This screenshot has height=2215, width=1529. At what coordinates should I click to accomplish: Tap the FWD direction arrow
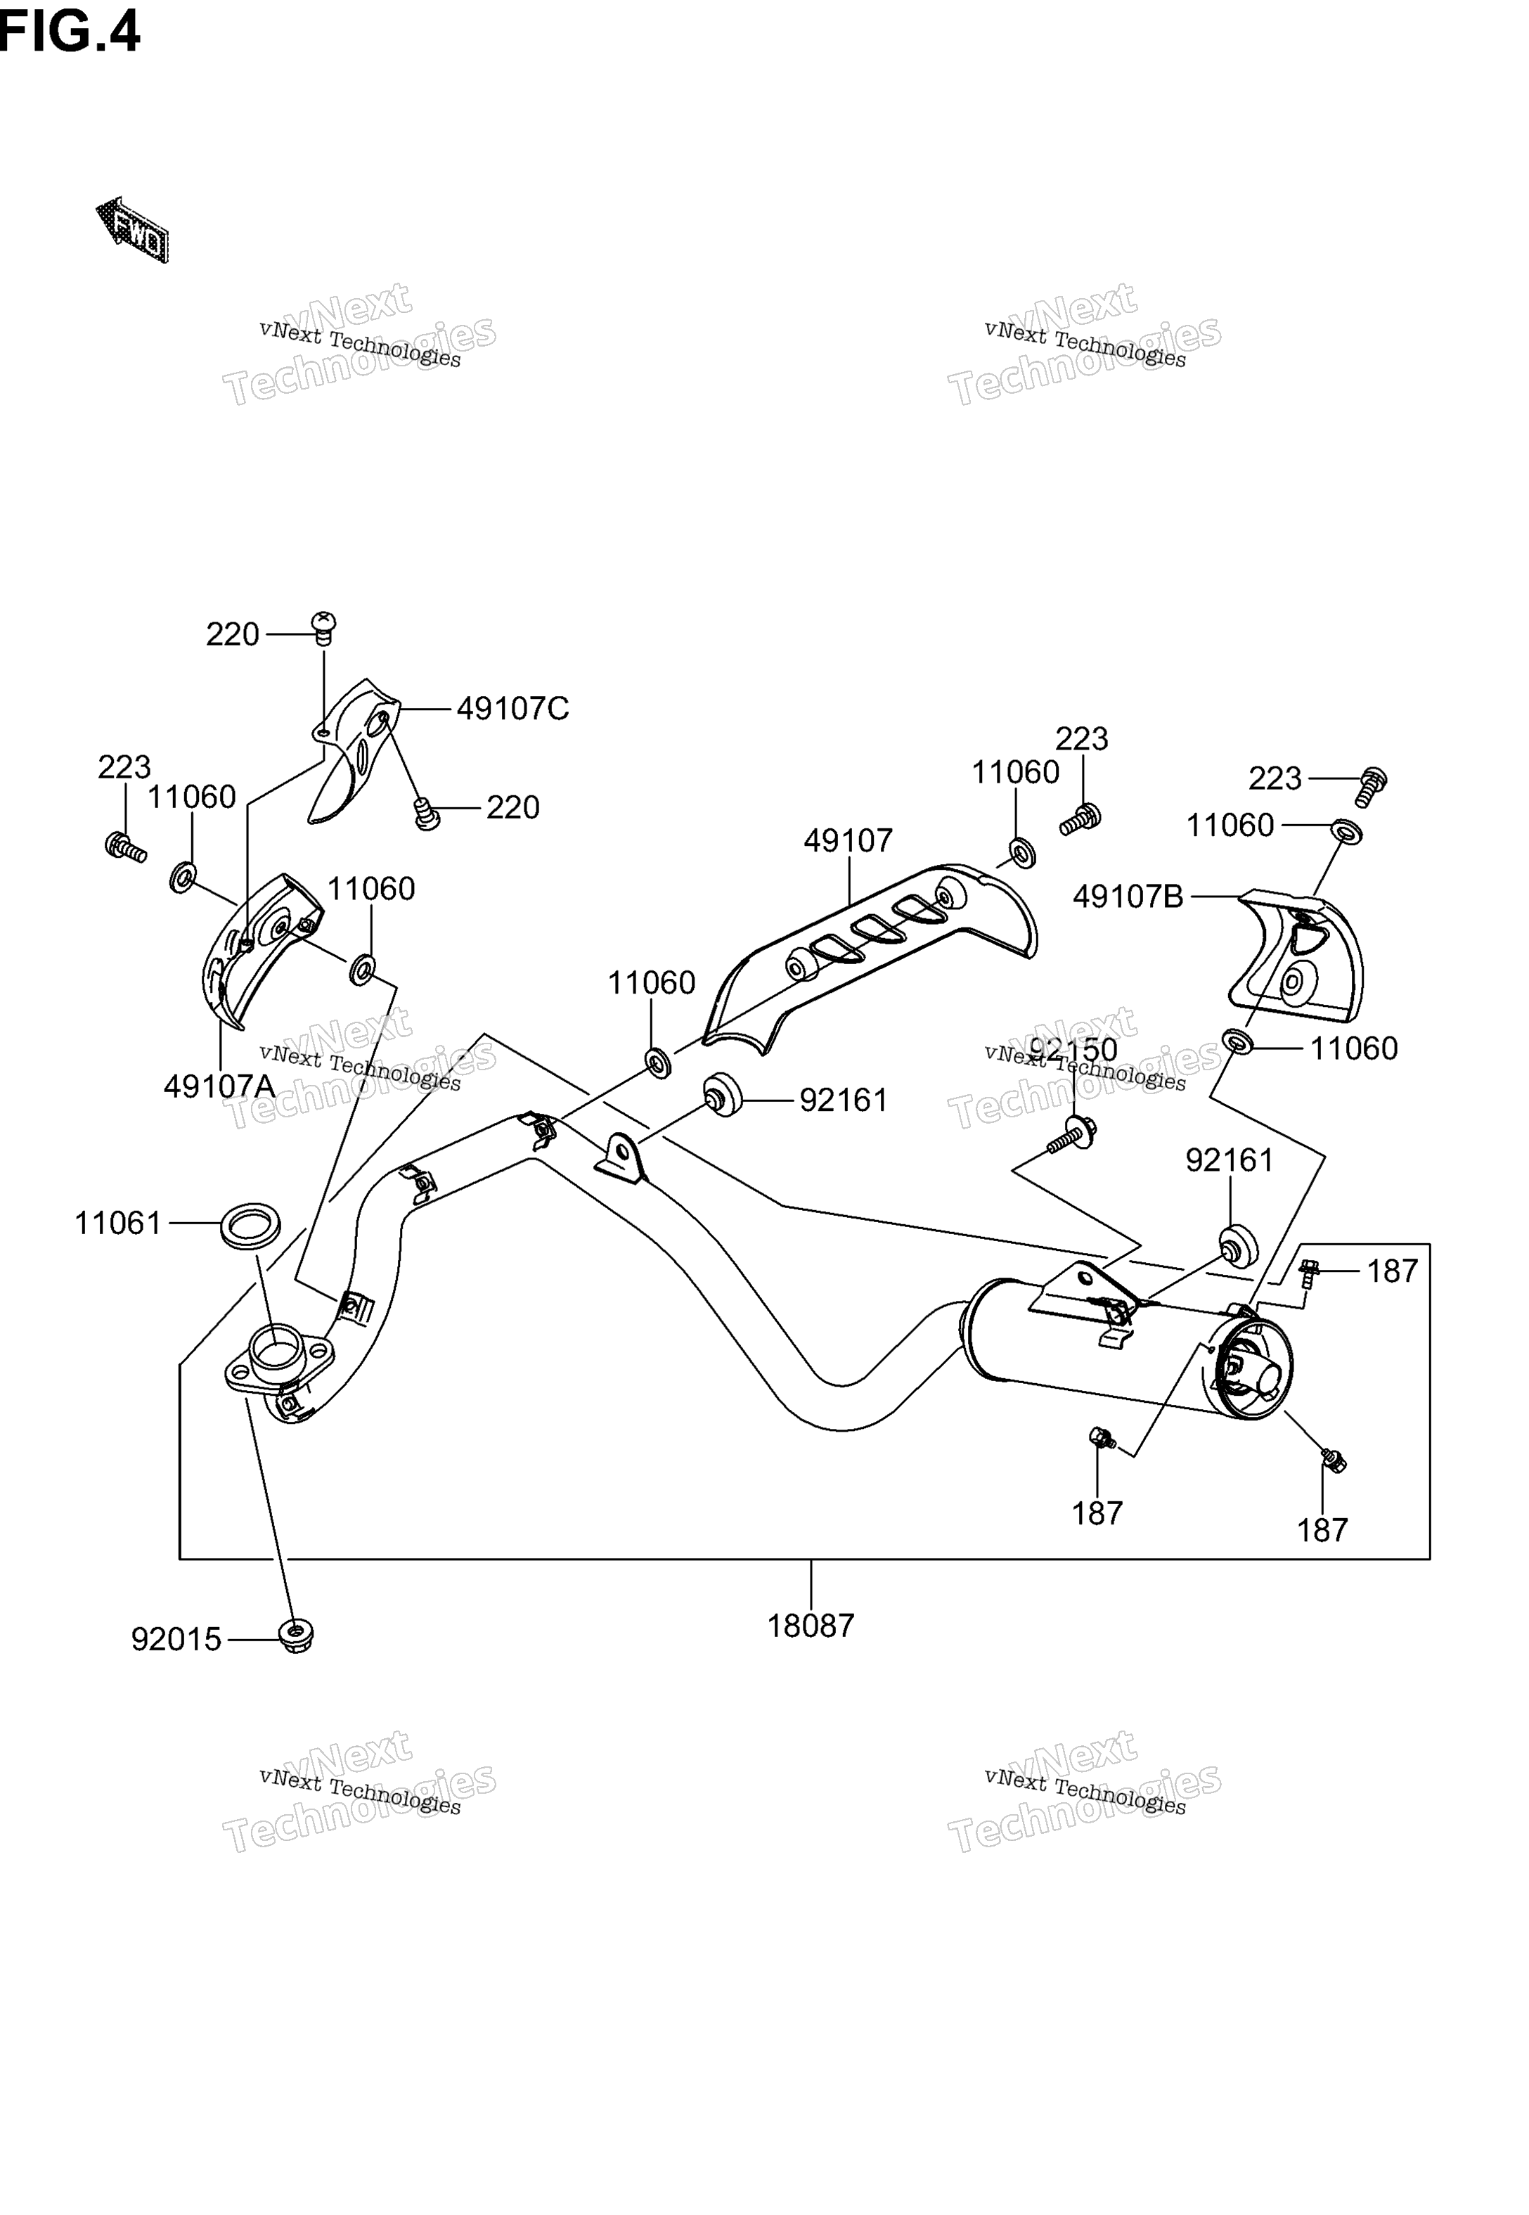132,231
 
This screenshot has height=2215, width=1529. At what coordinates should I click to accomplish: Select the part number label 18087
811,1626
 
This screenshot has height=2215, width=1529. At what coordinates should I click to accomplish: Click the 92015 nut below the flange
296,1636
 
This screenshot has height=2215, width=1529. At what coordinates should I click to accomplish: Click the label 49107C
512,709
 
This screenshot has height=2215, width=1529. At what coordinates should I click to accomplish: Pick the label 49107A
219,1086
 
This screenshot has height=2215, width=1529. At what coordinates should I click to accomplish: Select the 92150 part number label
1073,1050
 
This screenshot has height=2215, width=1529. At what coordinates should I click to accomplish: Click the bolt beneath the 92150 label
1072,1137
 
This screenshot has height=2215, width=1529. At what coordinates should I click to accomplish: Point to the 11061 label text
119,1224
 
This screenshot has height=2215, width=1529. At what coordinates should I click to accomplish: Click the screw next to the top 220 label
325,627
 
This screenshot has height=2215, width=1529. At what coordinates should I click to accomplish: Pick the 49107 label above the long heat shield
848,841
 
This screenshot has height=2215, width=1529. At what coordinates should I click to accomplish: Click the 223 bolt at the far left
124,847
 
